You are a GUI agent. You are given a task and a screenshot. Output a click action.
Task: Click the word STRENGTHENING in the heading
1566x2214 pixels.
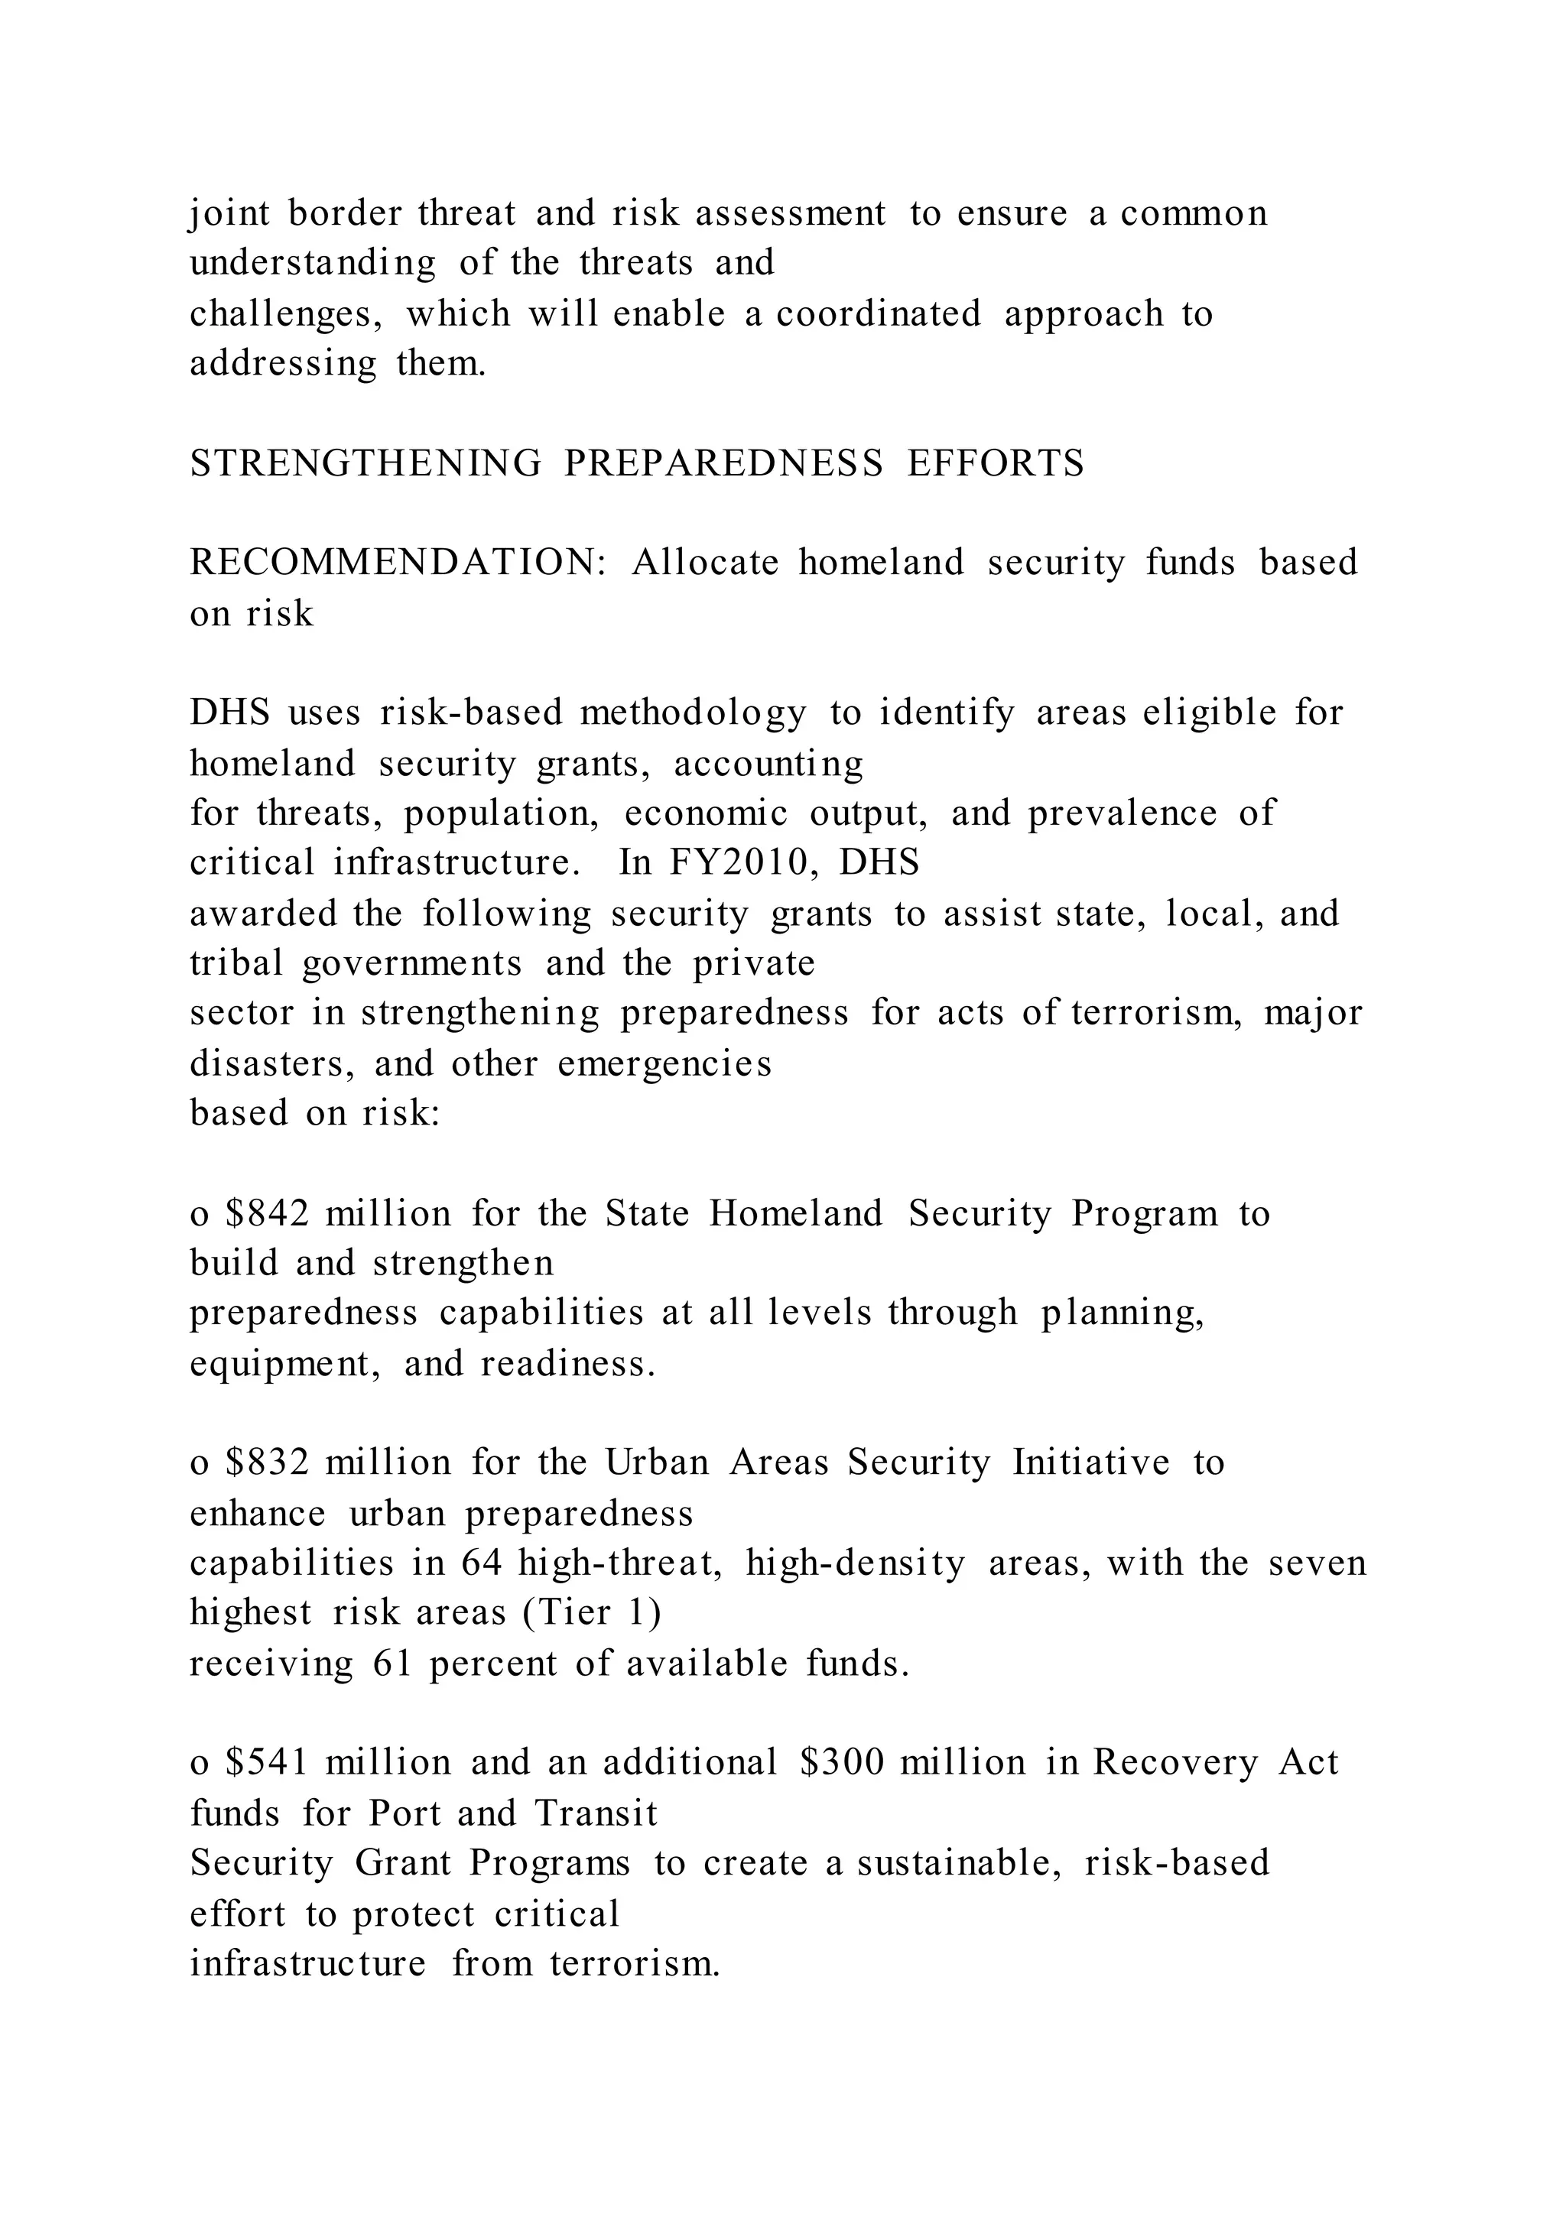point(366,464)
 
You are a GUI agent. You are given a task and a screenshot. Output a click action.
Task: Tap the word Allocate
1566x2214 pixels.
point(705,563)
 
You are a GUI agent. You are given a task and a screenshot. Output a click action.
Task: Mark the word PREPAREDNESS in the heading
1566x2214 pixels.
point(723,464)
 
